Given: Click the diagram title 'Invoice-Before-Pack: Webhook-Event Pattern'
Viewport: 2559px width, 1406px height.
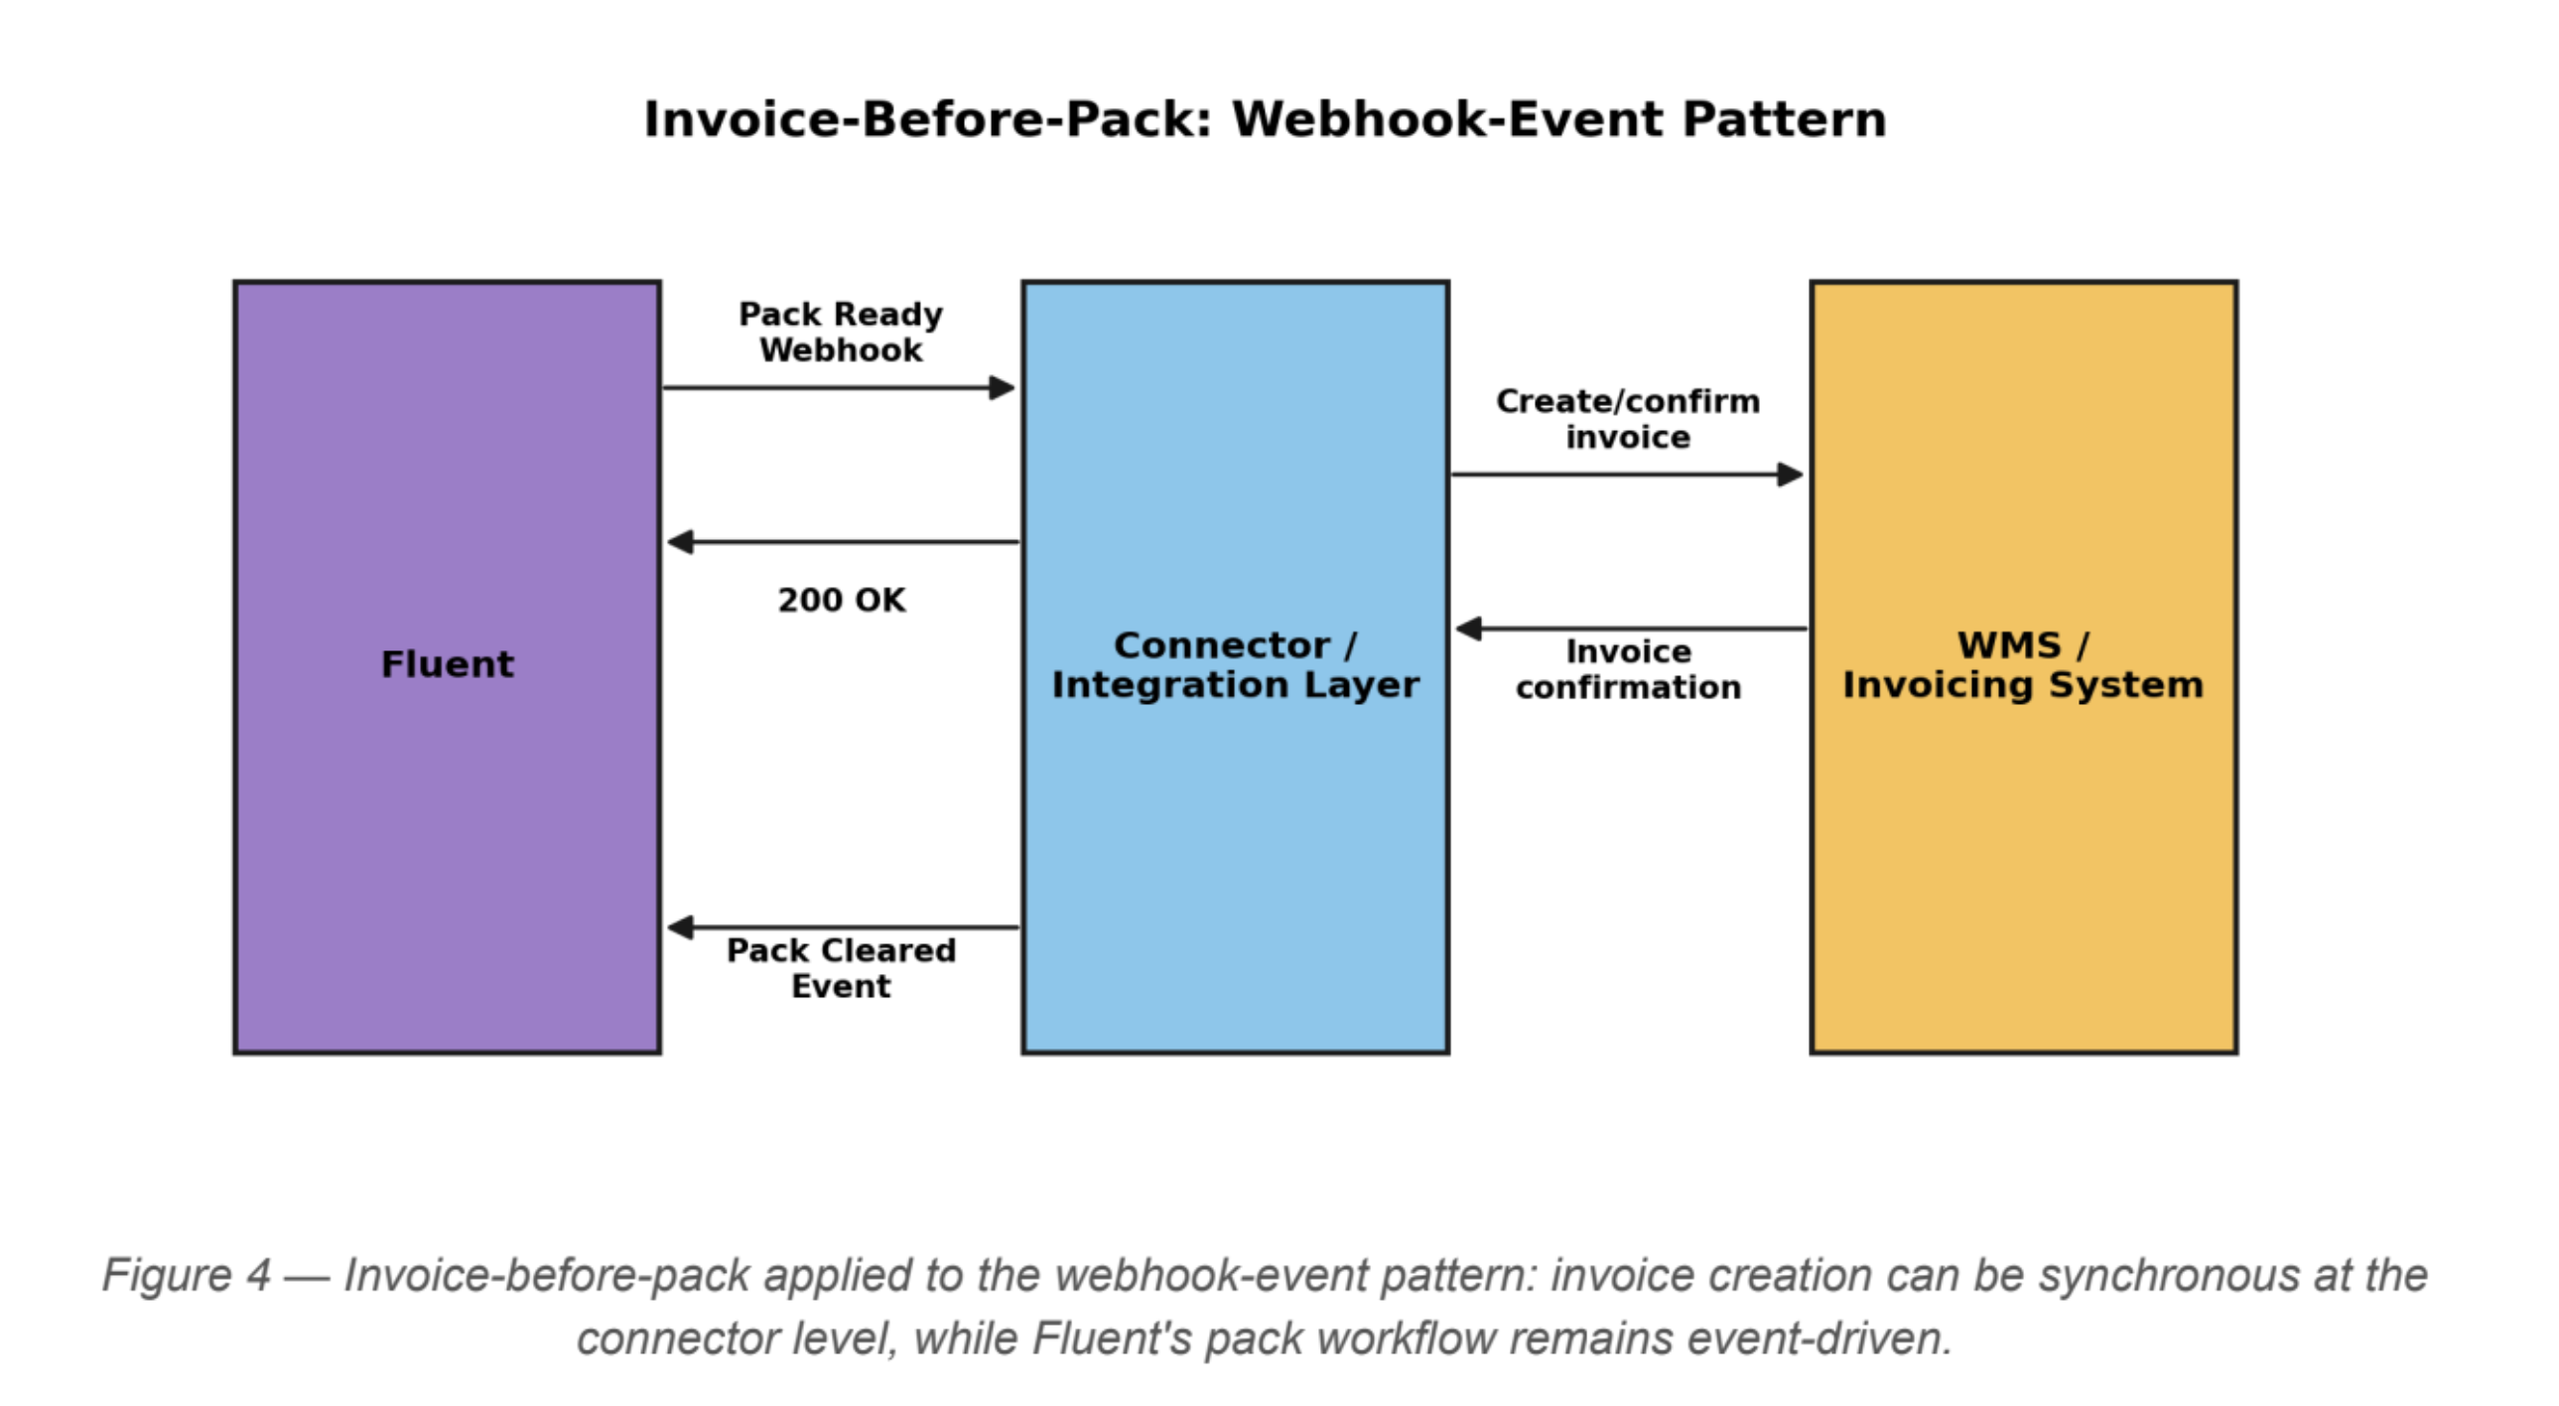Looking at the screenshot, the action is [x=1265, y=120].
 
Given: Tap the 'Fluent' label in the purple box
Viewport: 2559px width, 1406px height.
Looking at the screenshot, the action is [x=447, y=663].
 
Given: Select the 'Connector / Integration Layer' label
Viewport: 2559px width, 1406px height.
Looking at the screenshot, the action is [x=1235, y=664].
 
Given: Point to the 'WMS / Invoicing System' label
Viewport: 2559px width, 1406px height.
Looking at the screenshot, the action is [x=2023, y=664].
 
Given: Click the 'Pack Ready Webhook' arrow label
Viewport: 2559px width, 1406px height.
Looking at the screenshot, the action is [x=841, y=332].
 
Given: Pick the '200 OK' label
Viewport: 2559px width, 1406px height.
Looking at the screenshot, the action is [x=842, y=600].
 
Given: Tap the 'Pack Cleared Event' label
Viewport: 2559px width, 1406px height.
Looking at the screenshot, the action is [x=841, y=968].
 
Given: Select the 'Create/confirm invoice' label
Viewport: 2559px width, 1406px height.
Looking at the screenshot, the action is [x=1627, y=418].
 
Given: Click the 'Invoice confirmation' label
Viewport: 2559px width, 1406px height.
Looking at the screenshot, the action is [x=1627, y=668].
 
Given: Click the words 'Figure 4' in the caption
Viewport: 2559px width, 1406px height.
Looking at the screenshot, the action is [x=186, y=1275].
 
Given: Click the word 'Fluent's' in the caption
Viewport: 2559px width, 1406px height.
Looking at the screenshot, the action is [x=1112, y=1338].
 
